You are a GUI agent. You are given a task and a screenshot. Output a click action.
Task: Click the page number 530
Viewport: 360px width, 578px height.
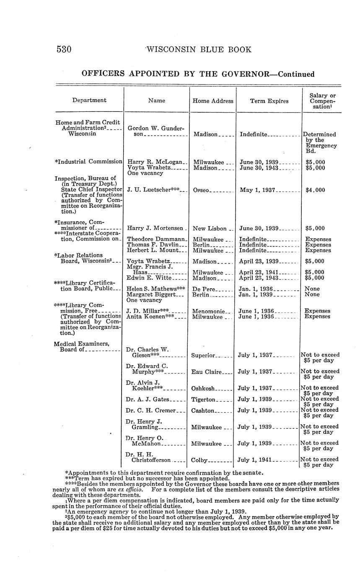pos(64,49)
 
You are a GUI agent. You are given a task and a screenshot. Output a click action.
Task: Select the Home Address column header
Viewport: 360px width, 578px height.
pos(212,101)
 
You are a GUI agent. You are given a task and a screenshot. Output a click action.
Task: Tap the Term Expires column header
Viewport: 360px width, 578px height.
pos(269,101)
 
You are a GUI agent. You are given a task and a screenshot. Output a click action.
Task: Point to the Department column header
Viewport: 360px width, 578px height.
pos(89,100)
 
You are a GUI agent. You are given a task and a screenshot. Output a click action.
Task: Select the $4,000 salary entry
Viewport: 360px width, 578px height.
pos(315,190)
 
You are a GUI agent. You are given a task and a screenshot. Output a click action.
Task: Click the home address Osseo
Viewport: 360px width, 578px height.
pos(202,190)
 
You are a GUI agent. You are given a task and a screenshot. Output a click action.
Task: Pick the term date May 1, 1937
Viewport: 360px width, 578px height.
pos(257,190)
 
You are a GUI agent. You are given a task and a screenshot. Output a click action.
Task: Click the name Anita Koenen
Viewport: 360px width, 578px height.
pos(150,317)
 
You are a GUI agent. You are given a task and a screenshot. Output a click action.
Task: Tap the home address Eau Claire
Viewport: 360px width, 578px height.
pos(206,372)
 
